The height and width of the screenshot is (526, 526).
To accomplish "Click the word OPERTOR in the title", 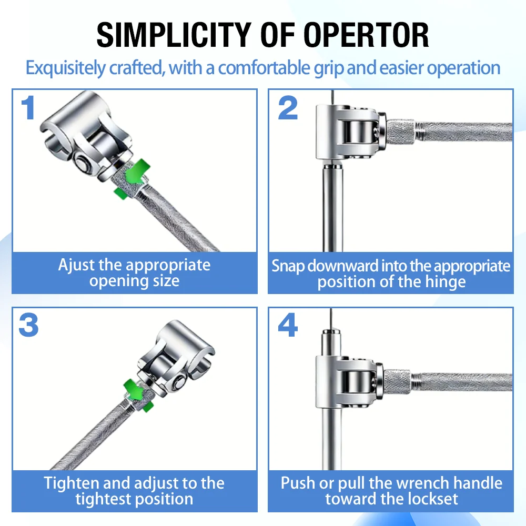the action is click(366, 35).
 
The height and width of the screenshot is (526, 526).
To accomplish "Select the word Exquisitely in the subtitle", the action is click(65, 68).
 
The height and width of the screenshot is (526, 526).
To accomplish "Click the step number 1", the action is click(28, 107).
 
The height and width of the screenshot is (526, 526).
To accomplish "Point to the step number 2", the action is click(288, 107).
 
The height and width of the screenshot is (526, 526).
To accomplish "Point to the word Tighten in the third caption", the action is click(71, 483).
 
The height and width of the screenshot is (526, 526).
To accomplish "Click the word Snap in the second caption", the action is click(288, 266).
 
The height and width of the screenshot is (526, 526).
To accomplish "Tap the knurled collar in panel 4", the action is click(398, 383).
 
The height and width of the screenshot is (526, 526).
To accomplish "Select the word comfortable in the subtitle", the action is click(265, 68).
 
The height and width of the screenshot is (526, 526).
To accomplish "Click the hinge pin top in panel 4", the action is click(331, 332).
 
